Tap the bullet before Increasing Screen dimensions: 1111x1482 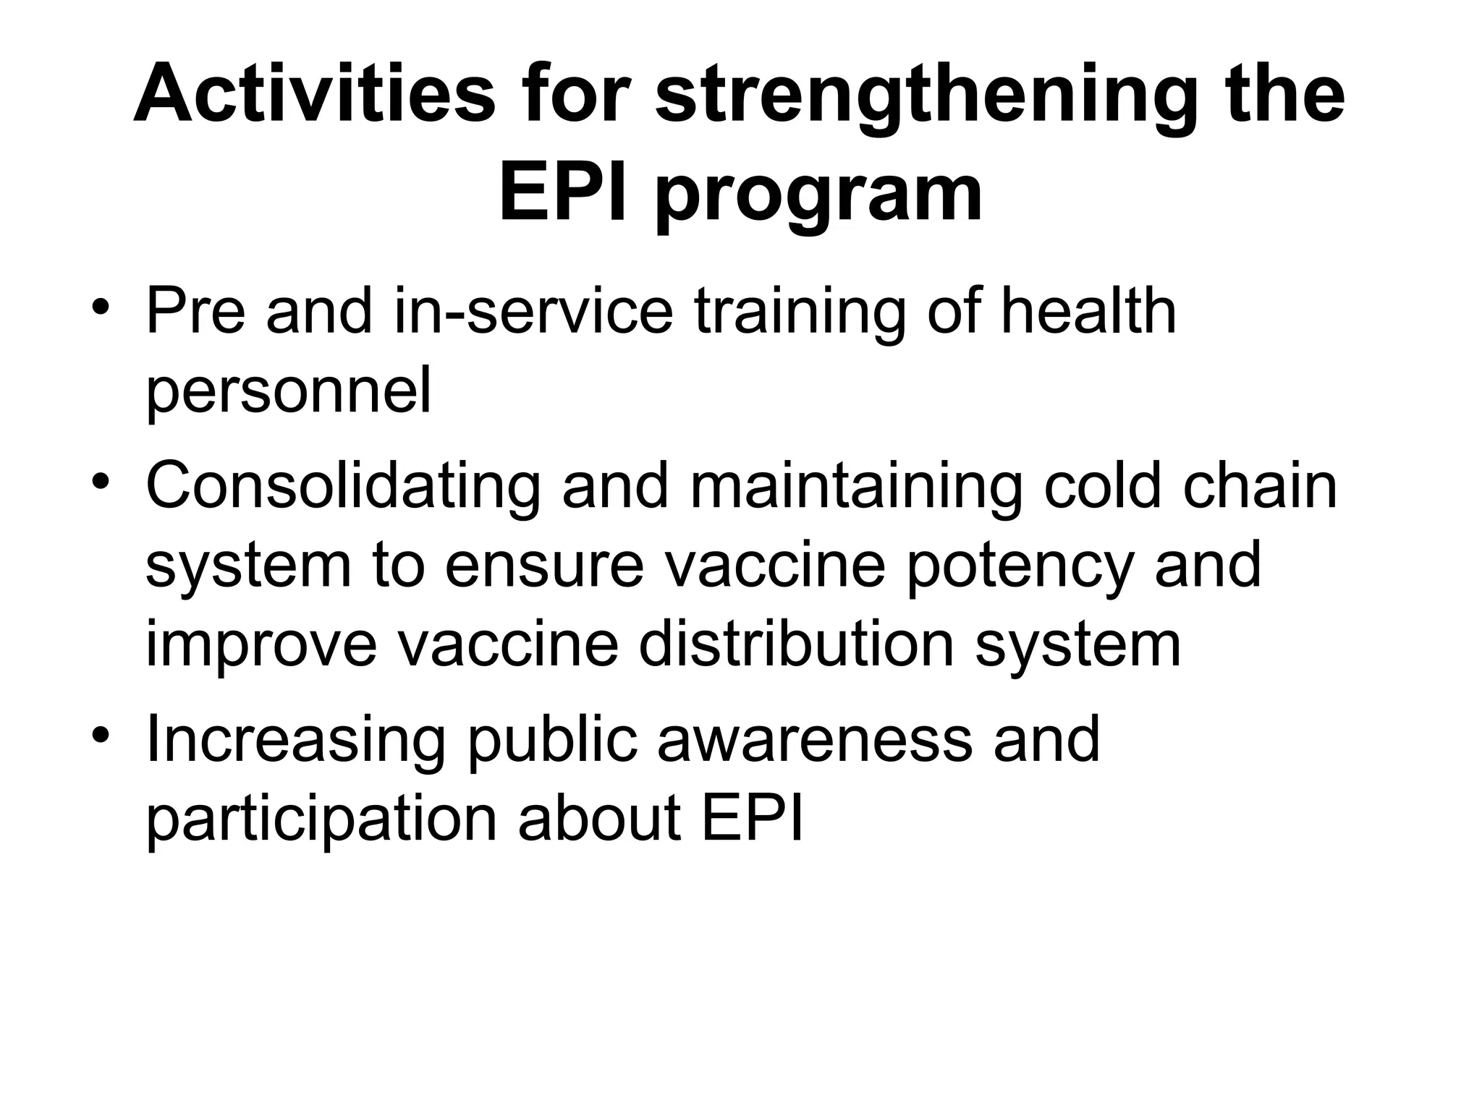(x=101, y=734)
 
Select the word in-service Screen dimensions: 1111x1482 (x=533, y=312)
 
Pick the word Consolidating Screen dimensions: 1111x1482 (x=343, y=487)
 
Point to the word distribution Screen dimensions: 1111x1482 (x=796, y=644)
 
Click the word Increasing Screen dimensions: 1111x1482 (x=296, y=740)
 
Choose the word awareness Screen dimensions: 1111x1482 (x=814, y=740)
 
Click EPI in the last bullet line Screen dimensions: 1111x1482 (x=753, y=818)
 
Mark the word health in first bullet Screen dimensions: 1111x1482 (x=1088, y=312)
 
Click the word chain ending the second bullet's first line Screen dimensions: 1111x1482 (x=1260, y=487)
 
